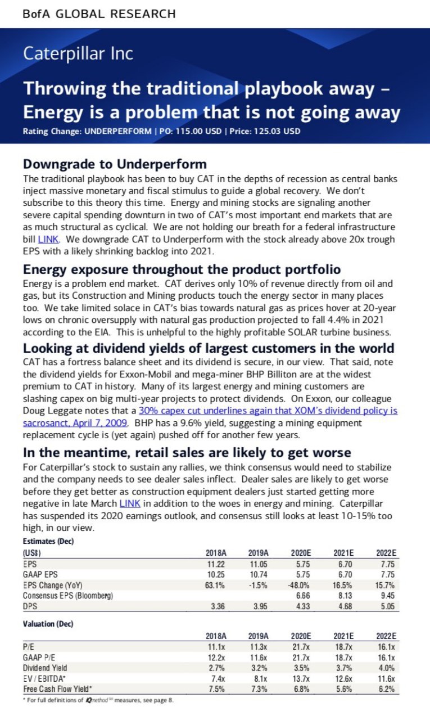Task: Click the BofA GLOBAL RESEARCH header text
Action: click(x=99, y=13)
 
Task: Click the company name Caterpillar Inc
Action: click(x=78, y=53)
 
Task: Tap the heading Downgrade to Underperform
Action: click(x=115, y=164)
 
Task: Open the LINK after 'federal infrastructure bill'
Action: click(x=48, y=238)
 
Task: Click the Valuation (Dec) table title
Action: click(x=48, y=624)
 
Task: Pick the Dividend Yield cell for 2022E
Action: click(x=387, y=668)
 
